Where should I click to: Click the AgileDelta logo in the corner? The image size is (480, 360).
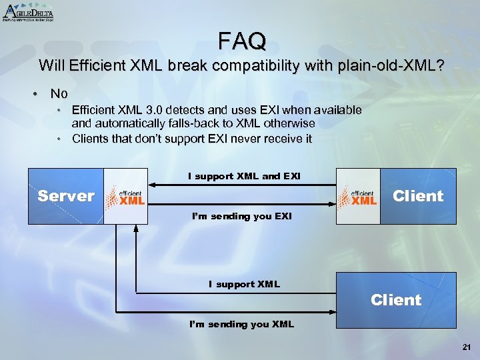[x=28, y=11]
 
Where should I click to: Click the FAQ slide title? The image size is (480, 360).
[x=242, y=41]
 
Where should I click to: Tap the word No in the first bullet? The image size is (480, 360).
[x=59, y=94]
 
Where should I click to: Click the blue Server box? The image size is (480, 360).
[x=65, y=196]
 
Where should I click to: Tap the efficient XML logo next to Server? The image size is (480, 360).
[x=125, y=196]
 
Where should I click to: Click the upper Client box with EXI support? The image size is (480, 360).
[x=418, y=196]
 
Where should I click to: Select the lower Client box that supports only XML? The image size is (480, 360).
[x=396, y=300]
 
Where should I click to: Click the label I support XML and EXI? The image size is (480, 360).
[x=244, y=176]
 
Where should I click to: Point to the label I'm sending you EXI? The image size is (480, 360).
[x=241, y=217]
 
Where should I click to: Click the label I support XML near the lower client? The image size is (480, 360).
[x=244, y=284]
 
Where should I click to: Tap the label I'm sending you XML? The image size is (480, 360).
[x=241, y=324]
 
